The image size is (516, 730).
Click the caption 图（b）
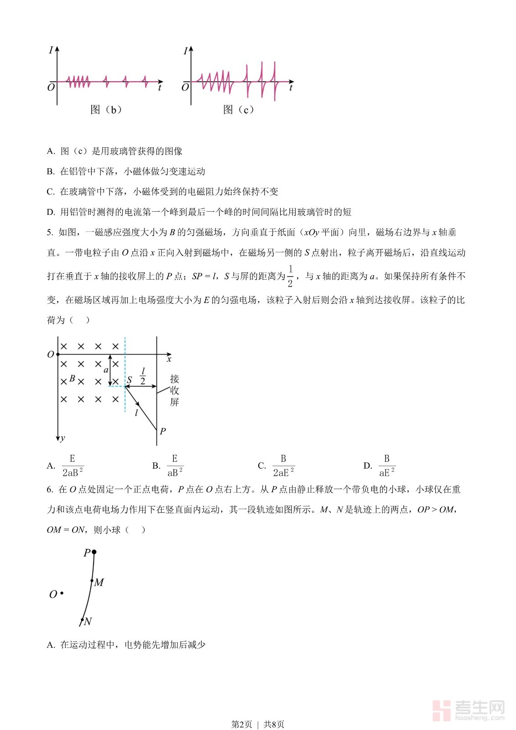(x=106, y=109)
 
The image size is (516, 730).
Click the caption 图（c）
(x=239, y=109)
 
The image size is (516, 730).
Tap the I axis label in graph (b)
(x=51, y=50)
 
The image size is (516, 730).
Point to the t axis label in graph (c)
(x=291, y=88)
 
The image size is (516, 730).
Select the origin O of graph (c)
(x=185, y=87)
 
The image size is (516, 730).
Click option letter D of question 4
(x=51, y=212)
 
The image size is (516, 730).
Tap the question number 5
(x=50, y=232)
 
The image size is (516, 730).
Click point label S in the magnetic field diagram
(x=130, y=380)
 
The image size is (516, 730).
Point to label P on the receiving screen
(x=163, y=431)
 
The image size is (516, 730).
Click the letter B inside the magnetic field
(x=72, y=379)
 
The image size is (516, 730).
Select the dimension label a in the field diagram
(x=106, y=370)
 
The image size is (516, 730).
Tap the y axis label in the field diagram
(x=63, y=438)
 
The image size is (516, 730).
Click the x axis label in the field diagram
(x=169, y=360)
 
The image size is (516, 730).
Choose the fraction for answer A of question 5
(x=73, y=465)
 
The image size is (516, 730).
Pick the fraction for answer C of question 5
(x=283, y=465)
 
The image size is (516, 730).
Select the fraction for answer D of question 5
(x=387, y=465)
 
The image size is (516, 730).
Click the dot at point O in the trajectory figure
(x=62, y=594)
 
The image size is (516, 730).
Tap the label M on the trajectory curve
(x=99, y=582)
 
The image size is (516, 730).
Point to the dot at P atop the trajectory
(x=94, y=552)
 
